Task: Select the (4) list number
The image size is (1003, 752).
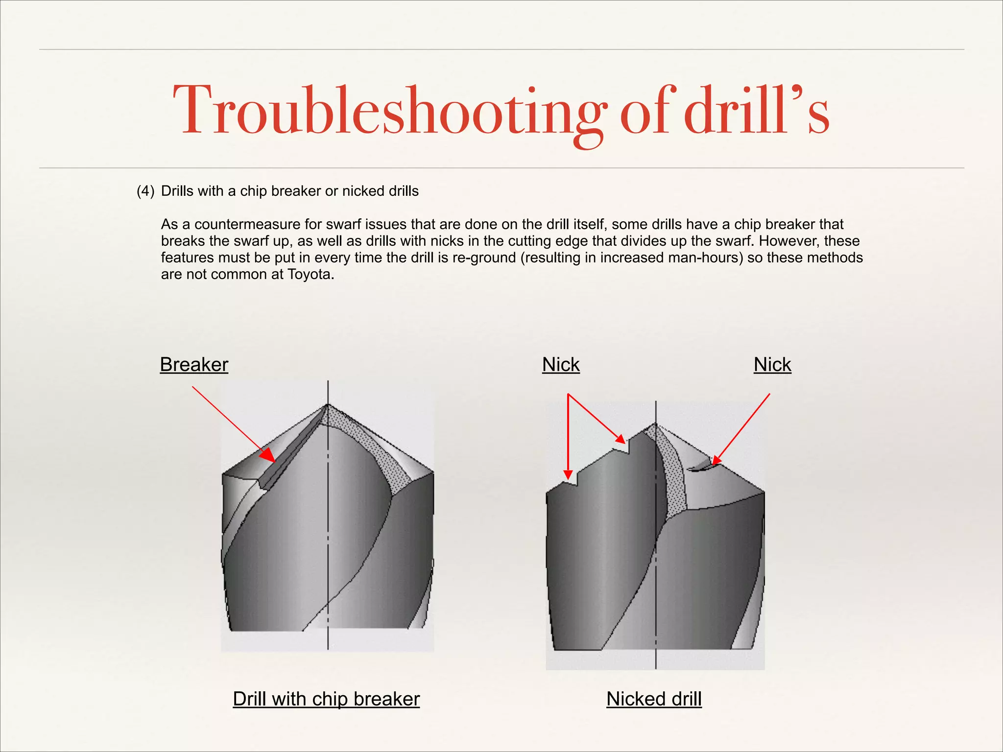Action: [145, 191]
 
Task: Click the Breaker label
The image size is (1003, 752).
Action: [194, 365]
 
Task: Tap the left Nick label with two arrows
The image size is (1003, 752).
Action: [561, 365]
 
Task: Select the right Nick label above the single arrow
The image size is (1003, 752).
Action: [772, 365]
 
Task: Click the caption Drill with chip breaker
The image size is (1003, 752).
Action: [326, 699]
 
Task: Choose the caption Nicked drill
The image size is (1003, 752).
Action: [654, 699]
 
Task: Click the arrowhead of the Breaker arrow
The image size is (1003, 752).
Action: [269, 456]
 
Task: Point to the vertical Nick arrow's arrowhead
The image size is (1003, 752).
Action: [568, 474]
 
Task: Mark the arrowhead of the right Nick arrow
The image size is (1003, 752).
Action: [716, 460]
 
